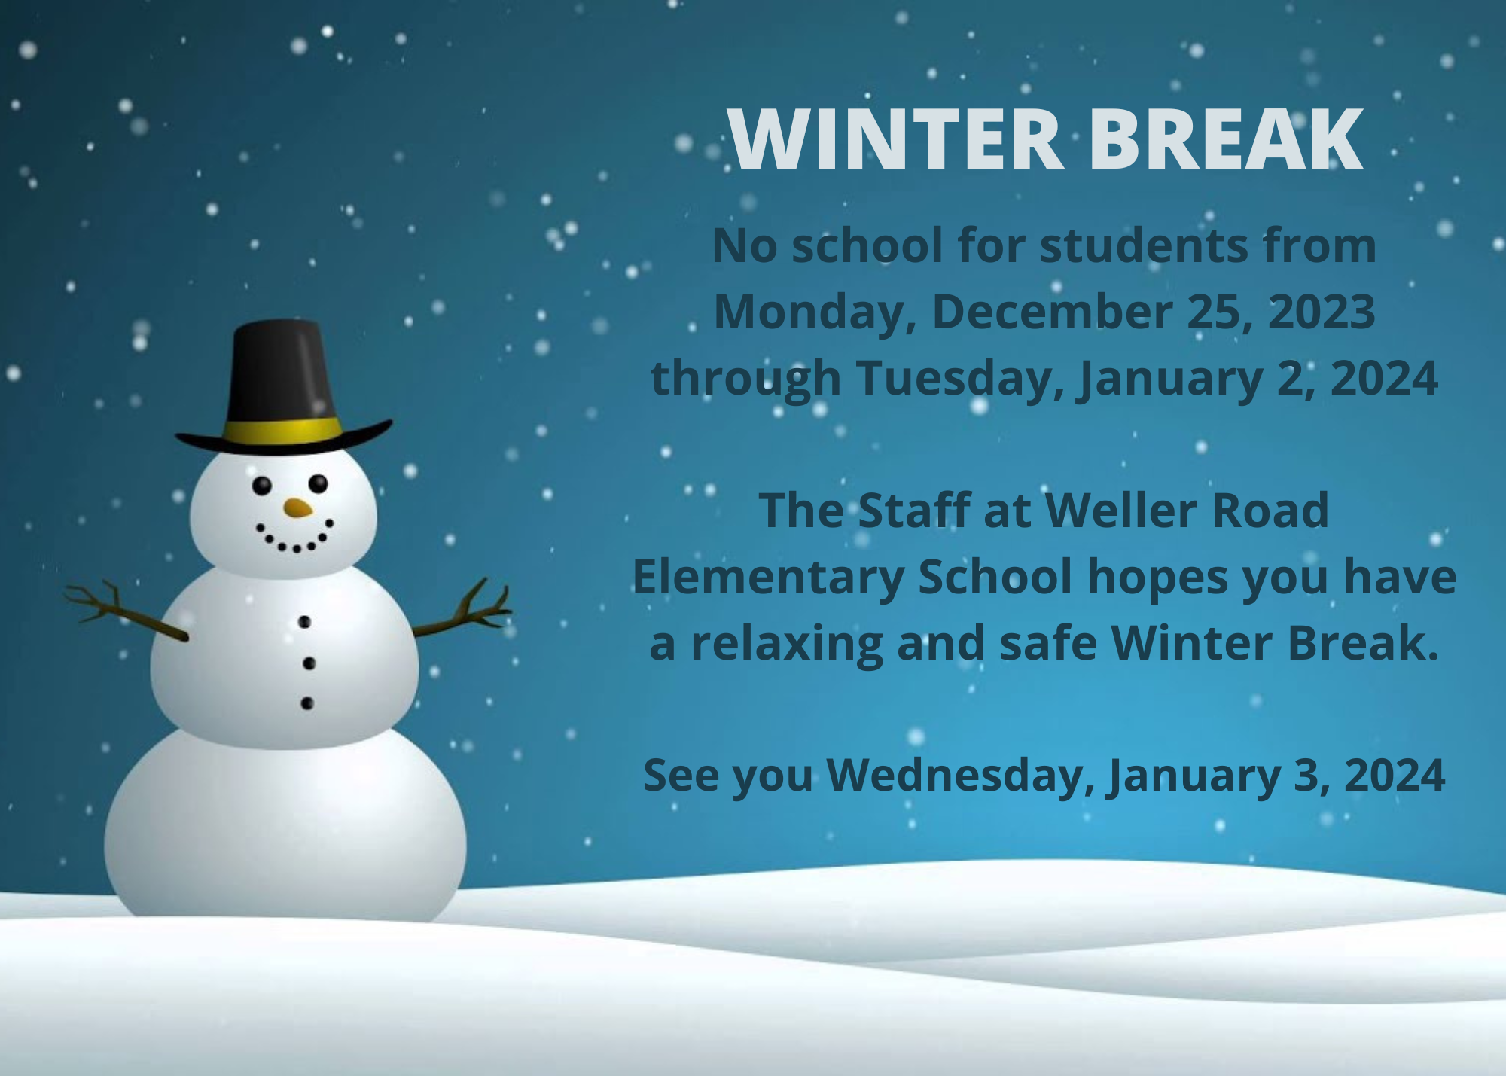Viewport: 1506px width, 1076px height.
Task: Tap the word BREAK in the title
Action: pos(1226,139)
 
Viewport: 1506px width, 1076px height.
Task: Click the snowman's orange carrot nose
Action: pos(298,508)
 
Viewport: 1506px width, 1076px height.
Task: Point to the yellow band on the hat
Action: pos(283,431)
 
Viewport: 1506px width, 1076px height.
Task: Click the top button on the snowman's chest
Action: pos(304,622)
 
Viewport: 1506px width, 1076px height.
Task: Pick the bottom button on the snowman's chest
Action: pos(307,703)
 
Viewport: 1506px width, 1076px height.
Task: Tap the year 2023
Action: pos(1322,312)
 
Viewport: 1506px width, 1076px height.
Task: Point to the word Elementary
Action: pos(769,578)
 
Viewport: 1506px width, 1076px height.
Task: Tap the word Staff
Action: pos(913,511)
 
